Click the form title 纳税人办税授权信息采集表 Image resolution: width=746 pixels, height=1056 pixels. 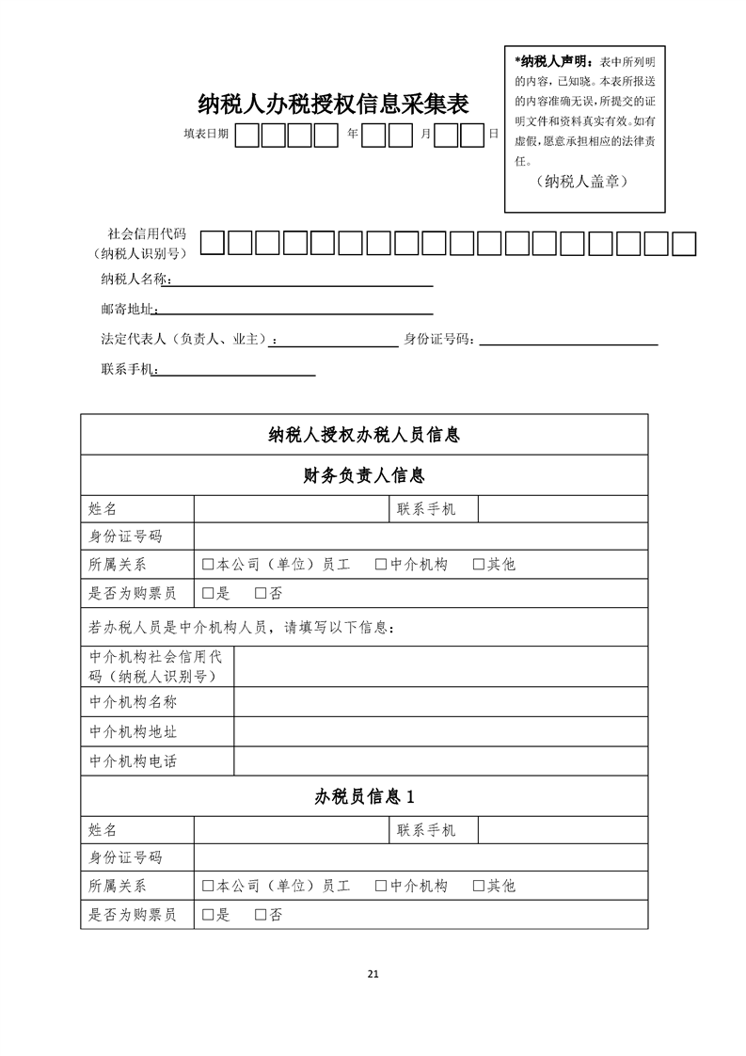coord(333,104)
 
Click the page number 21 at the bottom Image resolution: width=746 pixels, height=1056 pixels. coord(373,973)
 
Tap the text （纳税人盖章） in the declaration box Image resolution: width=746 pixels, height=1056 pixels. coord(585,181)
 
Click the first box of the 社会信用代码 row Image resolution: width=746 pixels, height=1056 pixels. coord(213,243)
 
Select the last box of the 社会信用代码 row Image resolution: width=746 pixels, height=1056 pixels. coord(684,243)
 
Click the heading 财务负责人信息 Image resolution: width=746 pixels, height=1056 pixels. coord(364,474)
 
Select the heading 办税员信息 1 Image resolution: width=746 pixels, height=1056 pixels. coord(364,796)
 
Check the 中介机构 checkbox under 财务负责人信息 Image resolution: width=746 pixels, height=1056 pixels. coord(381,565)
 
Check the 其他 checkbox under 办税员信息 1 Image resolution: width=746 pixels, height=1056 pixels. coord(478,886)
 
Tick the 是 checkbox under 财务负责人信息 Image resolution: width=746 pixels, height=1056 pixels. coord(208,594)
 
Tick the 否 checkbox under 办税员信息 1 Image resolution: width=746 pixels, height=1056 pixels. coord(261,915)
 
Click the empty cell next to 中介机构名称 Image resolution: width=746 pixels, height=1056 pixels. coord(440,702)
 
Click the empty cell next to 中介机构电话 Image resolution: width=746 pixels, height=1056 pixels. coord(440,761)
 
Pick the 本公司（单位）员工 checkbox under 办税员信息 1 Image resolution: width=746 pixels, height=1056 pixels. coord(208,886)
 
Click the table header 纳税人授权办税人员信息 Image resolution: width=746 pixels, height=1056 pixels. coord(364,435)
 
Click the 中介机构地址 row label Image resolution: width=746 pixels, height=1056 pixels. coord(133,731)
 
